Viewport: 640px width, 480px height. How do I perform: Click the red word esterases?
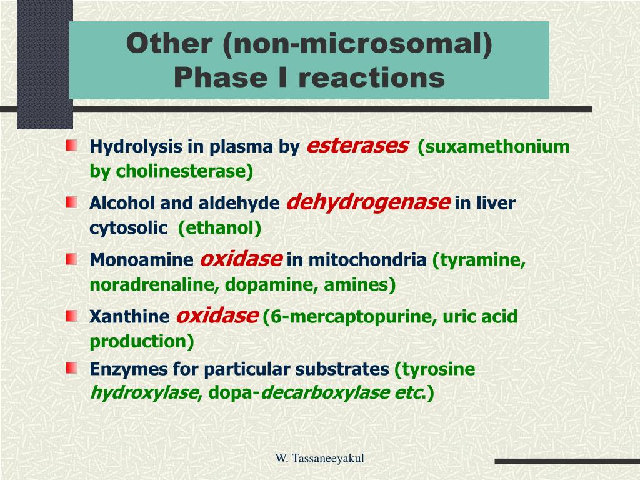pos(357,146)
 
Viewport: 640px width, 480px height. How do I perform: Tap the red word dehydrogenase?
pos(367,202)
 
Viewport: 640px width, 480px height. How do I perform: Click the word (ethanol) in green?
pos(219,228)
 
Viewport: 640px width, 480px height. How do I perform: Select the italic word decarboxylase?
pos(324,393)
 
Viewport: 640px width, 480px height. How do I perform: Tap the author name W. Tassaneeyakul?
pos(320,459)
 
